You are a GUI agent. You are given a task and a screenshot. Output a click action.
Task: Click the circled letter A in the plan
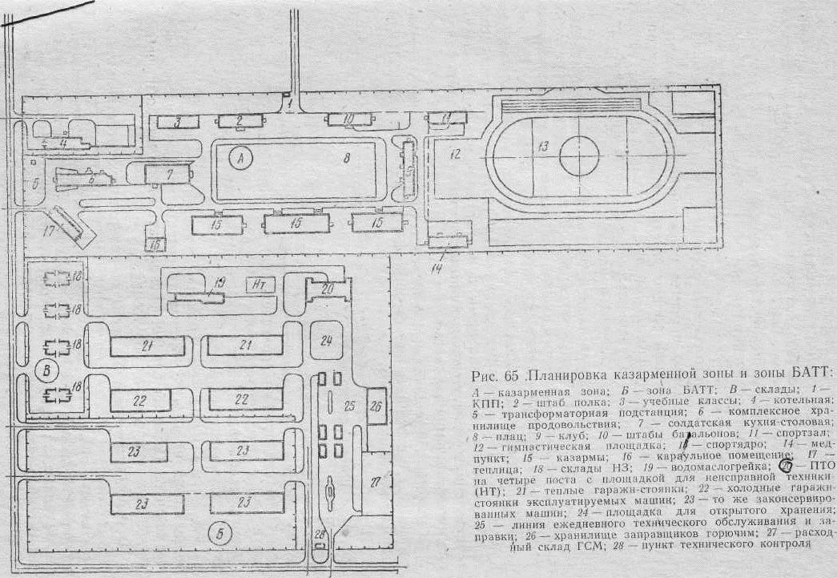coord(239,159)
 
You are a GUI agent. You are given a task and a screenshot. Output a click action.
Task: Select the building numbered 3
coord(178,122)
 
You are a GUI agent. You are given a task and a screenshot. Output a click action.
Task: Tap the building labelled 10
coord(349,119)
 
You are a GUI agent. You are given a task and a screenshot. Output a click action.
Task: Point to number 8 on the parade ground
coord(346,159)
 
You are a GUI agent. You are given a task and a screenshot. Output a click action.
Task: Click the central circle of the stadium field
coord(580,155)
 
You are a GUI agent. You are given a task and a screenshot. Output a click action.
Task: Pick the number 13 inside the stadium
coord(543,146)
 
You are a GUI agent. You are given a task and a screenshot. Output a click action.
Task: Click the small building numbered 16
coord(155,244)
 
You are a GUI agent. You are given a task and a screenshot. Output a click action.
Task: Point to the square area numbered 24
coord(325,341)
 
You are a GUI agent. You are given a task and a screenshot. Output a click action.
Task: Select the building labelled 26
coord(375,406)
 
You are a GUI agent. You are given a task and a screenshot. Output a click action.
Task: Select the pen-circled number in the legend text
coord(787,466)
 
